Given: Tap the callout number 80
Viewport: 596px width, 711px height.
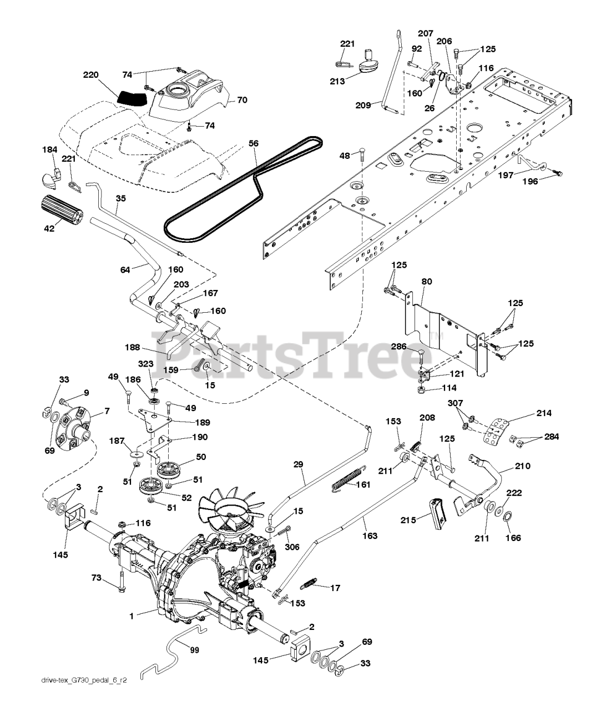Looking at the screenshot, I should [426, 282].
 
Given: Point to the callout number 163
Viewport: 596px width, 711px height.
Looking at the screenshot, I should [370, 535].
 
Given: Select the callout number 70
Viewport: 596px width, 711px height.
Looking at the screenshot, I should [242, 101].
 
